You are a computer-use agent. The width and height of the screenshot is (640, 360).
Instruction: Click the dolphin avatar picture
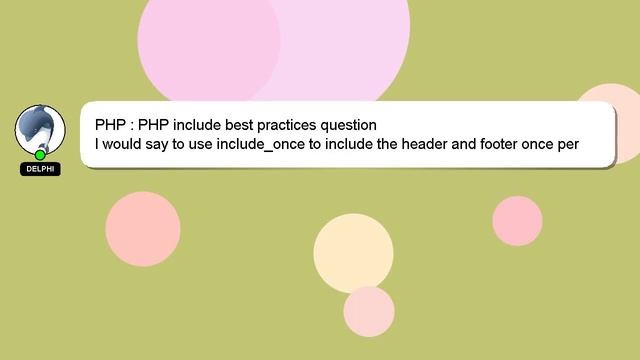click(40, 128)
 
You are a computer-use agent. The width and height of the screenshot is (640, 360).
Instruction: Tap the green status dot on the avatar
click(40, 154)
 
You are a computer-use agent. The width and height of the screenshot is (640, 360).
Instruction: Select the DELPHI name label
click(40, 169)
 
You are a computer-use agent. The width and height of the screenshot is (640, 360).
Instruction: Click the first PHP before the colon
click(110, 125)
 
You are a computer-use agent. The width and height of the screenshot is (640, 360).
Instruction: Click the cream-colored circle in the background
click(353, 253)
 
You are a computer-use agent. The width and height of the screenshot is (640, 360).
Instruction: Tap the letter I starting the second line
click(97, 144)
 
